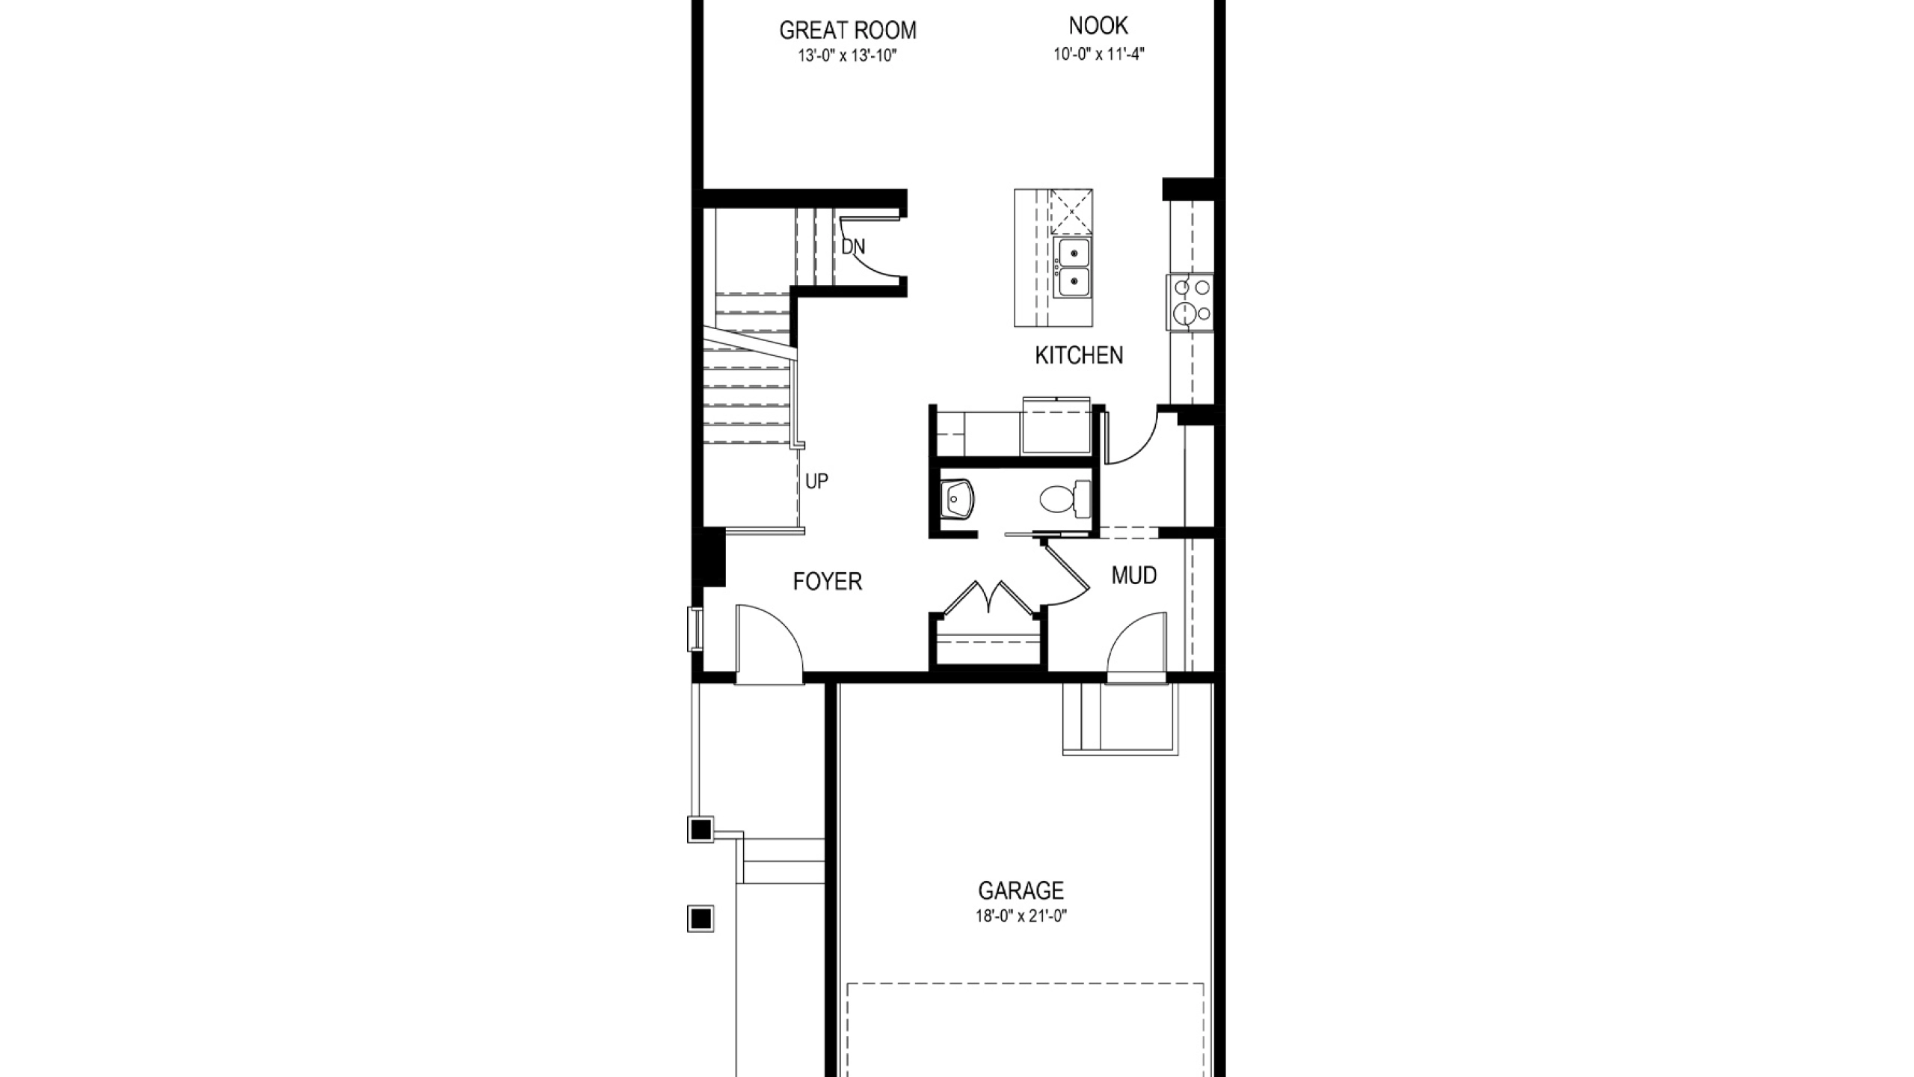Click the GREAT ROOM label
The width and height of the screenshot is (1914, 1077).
pyautogui.click(x=848, y=31)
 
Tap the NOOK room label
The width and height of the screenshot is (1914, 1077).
pyautogui.click(x=1098, y=26)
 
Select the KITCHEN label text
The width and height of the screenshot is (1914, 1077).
pyautogui.click(x=1079, y=355)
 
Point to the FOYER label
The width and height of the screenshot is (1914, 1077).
pyautogui.click(x=828, y=581)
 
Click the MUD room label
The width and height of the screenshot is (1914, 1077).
pyautogui.click(x=1134, y=575)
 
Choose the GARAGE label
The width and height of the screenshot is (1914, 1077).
pyautogui.click(x=1021, y=891)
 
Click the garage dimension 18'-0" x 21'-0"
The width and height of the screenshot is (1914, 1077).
pyautogui.click(x=1021, y=917)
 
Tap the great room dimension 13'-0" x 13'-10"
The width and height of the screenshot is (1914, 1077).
pyautogui.click(x=847, y=55)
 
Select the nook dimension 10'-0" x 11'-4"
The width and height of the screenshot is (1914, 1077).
pyautogui.click(x=1099, y=54)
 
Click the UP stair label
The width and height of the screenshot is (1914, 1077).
pyautogui.click(x=816, y=482)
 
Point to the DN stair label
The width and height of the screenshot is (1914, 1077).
pyautogui.click(x=853, y=247)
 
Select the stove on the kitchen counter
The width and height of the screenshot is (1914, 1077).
pyautogui.click(x=1190, y=302)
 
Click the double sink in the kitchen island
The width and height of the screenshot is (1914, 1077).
pyautogui.click(x=1072, y=267)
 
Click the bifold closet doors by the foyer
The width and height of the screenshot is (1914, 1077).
pyautogui.click(x=988, y=598)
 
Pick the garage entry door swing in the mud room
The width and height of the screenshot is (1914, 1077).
pyautogui.click(x=1136, y=646)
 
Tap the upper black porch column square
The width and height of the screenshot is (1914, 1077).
pyautogui.click(x=701, y=829)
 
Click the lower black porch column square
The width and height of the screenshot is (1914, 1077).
pyautogui.click(x=701, y=918)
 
